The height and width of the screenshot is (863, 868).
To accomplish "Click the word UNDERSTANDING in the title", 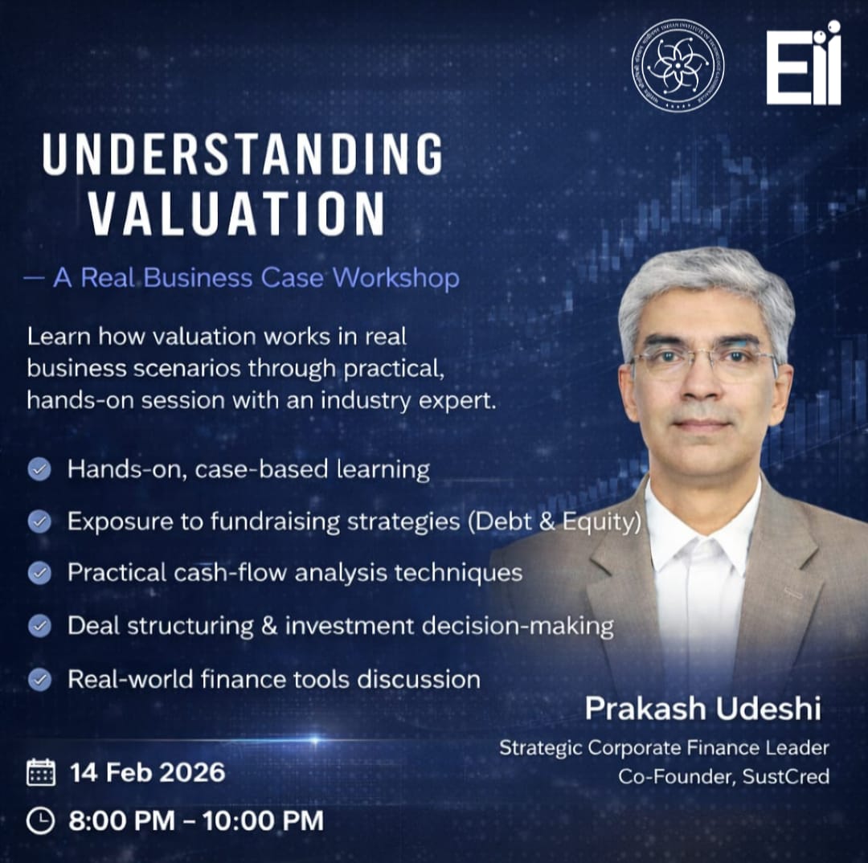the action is (243, 154).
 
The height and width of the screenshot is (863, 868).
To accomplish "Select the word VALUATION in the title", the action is (237, 213).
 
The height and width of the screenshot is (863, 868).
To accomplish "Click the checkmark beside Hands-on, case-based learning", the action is (40, 469).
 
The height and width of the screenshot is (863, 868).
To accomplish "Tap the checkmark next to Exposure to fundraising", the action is (40, 521).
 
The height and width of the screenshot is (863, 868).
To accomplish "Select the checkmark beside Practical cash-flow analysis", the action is (40, 573).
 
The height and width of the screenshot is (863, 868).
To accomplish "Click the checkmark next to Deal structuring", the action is (40, 626).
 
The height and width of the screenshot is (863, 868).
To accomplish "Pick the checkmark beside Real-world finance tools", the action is (40, 679).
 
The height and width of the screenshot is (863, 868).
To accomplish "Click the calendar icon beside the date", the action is (41, 772).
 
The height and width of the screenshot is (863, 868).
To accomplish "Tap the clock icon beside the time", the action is (40, 820).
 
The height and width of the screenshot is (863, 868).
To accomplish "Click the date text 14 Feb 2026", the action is (147, 772).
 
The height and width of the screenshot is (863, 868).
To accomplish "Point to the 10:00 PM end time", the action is (263, 820).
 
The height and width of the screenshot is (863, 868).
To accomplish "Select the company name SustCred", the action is (786, 777).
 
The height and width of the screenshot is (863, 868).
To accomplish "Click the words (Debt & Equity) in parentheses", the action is (555, 522).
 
